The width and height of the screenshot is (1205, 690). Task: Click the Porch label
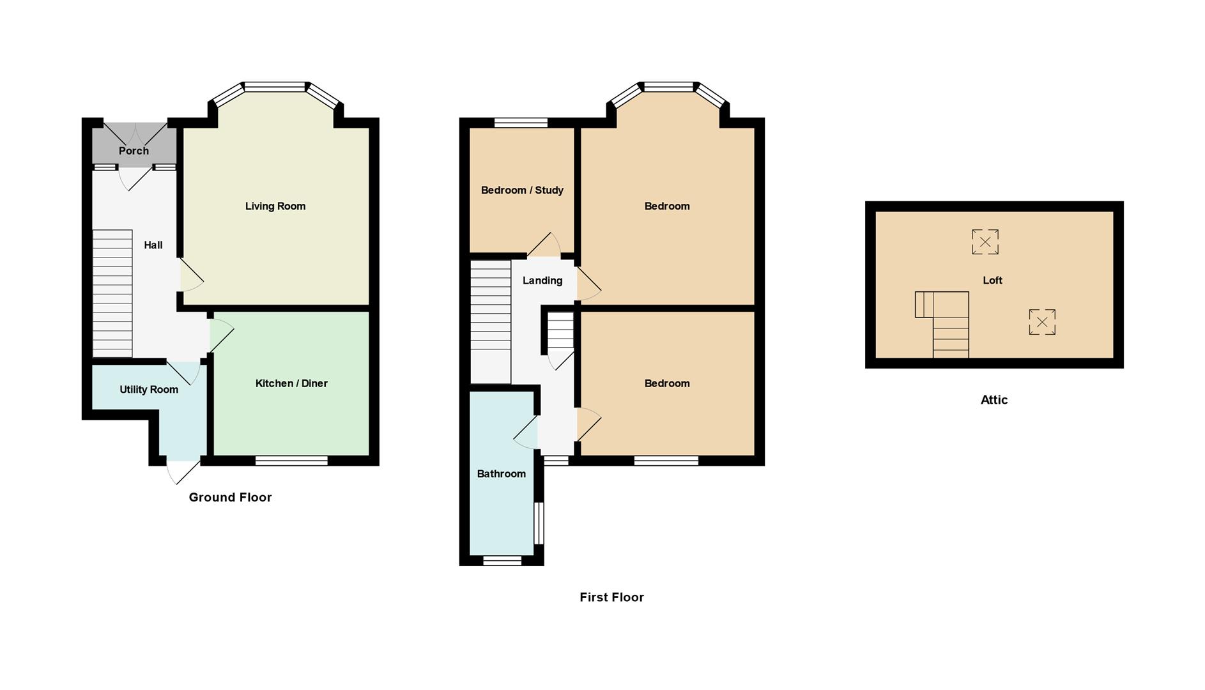click(x=134, y=151)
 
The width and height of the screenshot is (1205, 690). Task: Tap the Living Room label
click(x=275, y=206)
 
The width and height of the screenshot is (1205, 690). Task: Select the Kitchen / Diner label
click(x=291, y=383)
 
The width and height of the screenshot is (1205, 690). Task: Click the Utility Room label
click(x=149, y=389)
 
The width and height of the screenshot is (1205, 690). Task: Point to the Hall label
click(x=153, y=245)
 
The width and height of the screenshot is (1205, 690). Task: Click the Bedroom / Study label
click(x=522, y=190)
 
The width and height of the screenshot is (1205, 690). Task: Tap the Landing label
click(x=542, y=280)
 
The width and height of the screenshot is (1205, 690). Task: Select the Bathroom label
click(x=502, y=473)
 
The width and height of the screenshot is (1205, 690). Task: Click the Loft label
click(x=992, y=280)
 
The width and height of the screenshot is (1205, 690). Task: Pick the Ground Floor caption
click(x=230, y=497)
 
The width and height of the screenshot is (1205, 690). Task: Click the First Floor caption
click(x=611, y=597)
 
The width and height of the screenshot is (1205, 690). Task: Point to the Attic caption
click(x=994, y=400)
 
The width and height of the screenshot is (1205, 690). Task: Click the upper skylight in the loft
click(x=985, y=242)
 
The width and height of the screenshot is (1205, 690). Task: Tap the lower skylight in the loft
click(x=1041, y=322)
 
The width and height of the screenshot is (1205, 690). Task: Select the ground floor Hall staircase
click(x=112, y=293)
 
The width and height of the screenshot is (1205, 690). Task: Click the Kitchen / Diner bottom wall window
click(x=291, y=461)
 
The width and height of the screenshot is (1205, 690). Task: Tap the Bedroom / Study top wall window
click(x=521, y=123)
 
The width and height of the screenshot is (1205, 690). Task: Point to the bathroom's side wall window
click(x=539, y=523)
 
